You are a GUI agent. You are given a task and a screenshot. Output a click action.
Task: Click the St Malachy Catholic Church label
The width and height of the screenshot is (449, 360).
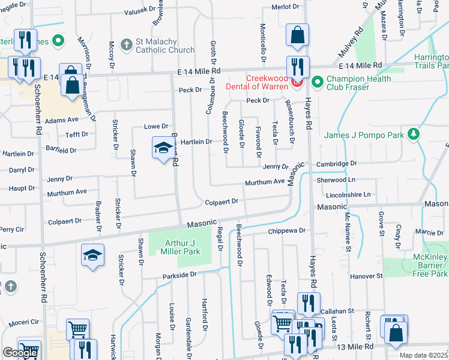[x=164, y=46]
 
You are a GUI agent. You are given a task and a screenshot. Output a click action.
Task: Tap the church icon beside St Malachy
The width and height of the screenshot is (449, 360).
[x=126, y=44]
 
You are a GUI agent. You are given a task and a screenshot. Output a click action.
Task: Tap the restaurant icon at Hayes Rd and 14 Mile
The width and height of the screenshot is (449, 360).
[x=297, y=67]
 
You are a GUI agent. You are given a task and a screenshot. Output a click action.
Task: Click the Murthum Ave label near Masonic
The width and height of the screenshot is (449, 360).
[x=264, y=182]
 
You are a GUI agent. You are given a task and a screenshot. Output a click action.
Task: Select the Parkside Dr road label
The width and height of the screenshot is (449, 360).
[x=179, y=274]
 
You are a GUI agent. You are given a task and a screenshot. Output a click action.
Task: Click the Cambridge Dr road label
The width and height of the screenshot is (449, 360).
[x=337, y=163]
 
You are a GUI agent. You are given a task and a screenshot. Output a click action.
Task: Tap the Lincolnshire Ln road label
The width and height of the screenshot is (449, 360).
[x=348, y=195]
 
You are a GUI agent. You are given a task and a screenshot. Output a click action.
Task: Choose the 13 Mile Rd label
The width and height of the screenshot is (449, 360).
[x=357, y=346]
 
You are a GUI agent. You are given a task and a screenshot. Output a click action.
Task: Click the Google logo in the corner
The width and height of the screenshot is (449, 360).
[x=20, y=353]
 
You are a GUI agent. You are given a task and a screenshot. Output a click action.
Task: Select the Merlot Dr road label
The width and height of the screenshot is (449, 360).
[x=285, y=7]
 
